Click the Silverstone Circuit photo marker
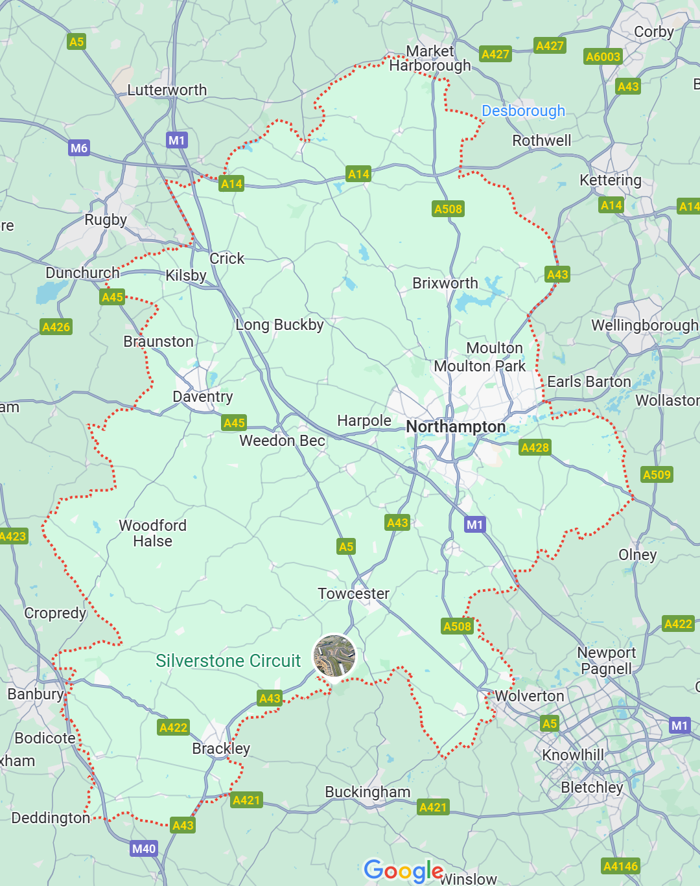[x=334, y=655]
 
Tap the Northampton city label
[x=456, y=426]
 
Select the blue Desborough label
[x=523, y=111]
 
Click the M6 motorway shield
[x=79, y=148]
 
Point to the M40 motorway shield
[x=144, y=848]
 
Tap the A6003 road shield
[x=603, y=56]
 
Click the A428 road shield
[x=535, y=447]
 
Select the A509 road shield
[x=657, y=474]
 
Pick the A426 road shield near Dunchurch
[x=56, y=327]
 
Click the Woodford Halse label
[x=153, y=533]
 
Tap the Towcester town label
[x=353, y=594]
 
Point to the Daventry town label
[x=203, y=397]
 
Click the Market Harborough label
[x=430, y=58]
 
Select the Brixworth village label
[x=445, y=283]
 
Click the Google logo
[x=403, y=870]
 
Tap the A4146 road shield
[x=620, y=866]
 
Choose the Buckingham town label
[x=367, y=792]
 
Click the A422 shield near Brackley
[x=173, y=727]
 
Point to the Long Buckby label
[x=279, y=325]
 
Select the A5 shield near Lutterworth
[x=76, y=41]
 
